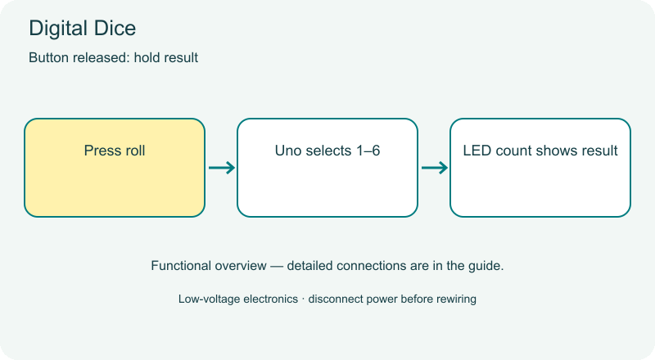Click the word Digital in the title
tap(58, 29)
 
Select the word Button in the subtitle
tap(49, 57)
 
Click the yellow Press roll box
tap(115, 168)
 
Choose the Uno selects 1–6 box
tap(327, 168)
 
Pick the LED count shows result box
tap(540, 168)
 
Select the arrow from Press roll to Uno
tap(222, 168)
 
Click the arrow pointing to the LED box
tap(435, 168)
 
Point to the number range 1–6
tap(368, 151)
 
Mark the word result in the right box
tap(600, 151)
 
